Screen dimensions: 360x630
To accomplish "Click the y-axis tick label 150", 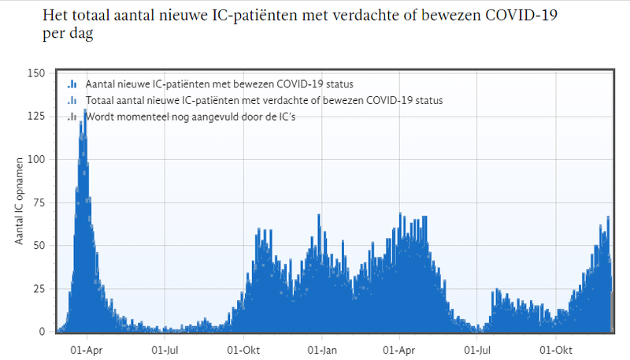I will [35, 73].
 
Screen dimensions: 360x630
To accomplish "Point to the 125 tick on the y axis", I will [35, 116].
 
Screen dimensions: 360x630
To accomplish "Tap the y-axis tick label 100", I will [35, 159].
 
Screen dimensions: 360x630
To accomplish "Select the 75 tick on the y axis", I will [39, 202].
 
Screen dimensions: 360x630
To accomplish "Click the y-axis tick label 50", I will [39, 245].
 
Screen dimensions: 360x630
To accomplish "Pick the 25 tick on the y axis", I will [39, 288].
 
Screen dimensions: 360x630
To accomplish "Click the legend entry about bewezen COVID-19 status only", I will [219, 84].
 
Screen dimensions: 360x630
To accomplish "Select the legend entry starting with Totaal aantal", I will [264, 101].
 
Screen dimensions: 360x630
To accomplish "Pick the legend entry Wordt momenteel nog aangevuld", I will [193, 117].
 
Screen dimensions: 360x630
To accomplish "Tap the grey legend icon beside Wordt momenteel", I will [72, 117].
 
